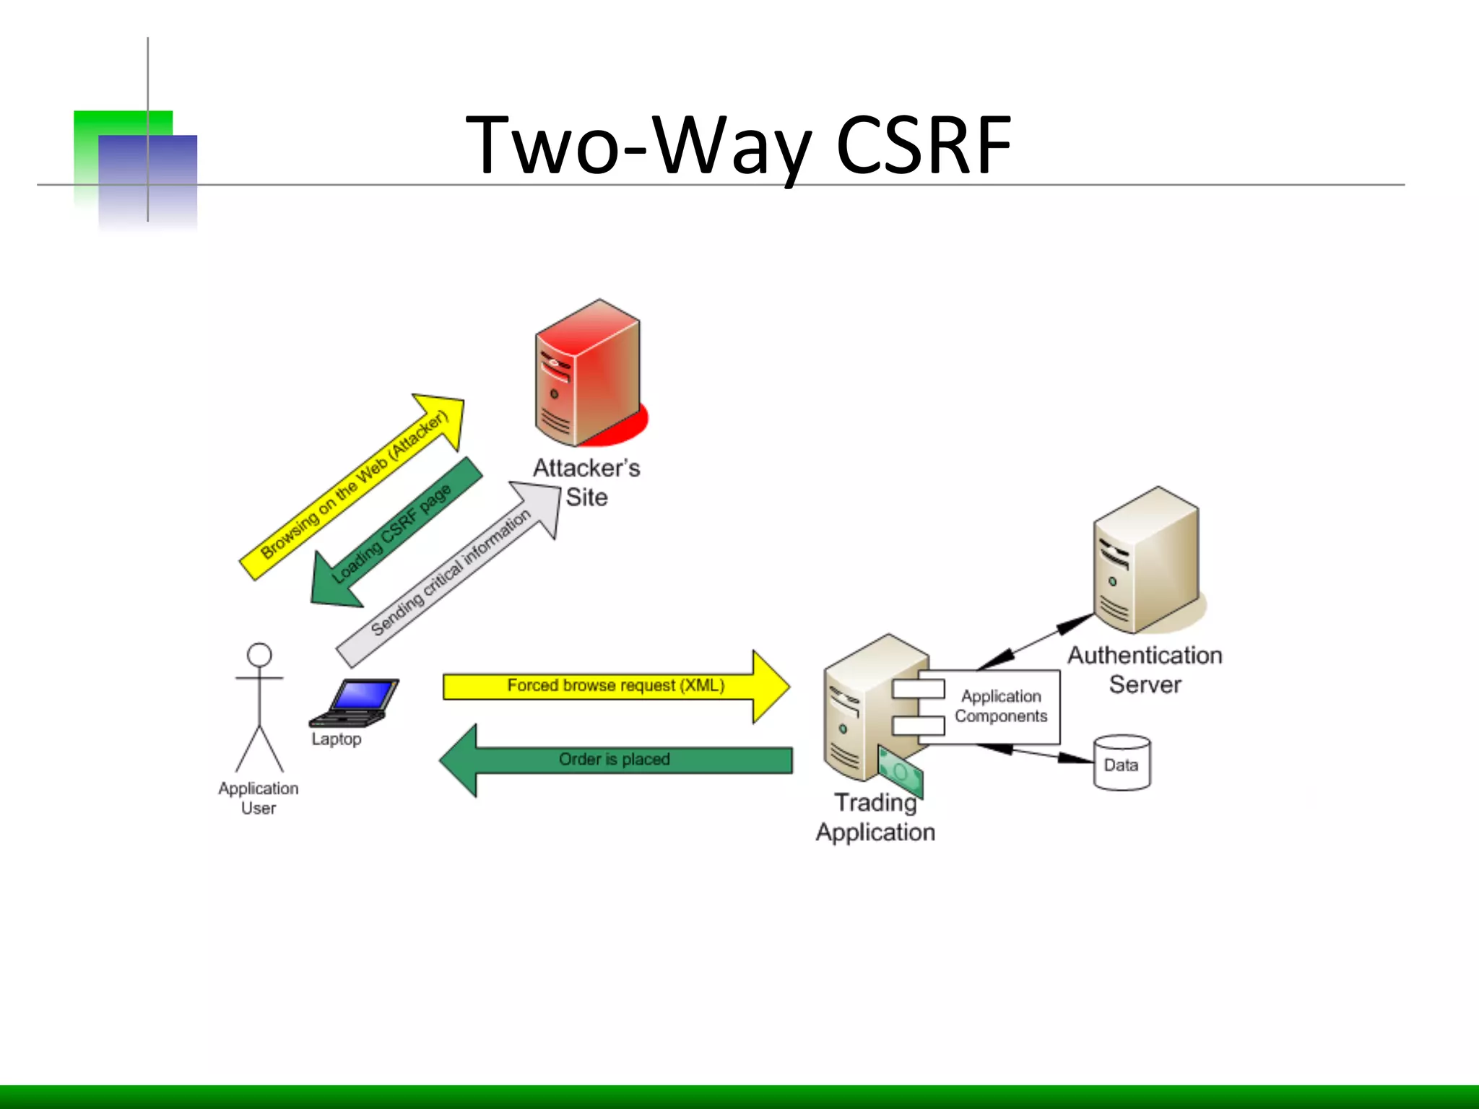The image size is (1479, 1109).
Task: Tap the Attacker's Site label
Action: pos(586,482)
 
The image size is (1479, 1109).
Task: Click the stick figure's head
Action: pos(259,655)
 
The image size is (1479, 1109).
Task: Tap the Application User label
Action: pos(259,798)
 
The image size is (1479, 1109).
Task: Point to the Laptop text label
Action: pos(337,739)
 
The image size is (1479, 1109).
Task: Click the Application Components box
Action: pos(1000,706)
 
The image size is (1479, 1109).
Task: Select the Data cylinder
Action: pos(1122,764)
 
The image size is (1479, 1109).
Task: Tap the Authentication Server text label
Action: pos(1145,669)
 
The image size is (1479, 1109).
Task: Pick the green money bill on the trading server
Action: pos(901,772)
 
